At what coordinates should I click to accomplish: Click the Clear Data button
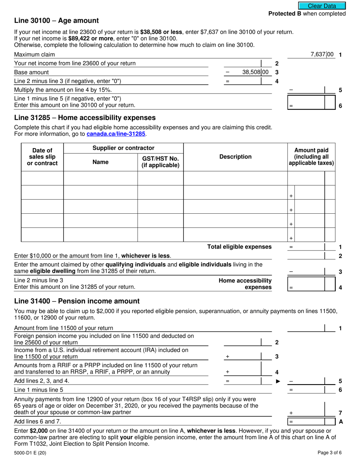tap(322, 6)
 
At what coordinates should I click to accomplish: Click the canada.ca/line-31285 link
tap(116, 134)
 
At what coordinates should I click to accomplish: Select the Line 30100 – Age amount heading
tap(56, 21)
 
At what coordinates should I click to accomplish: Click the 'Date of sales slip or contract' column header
tap(42, 157)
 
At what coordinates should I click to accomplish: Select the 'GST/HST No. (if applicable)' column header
tap(160, 162)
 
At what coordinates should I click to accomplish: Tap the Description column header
tap(235, 157)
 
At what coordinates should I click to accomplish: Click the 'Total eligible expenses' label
tap(239, 247)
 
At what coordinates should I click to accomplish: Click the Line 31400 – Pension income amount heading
tap(77, 301)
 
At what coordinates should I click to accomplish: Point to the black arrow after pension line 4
tap(278, 381)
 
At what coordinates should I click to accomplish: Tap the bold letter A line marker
tap(340, 421)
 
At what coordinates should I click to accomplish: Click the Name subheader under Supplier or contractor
tap(100, 162)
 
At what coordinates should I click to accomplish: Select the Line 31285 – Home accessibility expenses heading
tap(85, 118)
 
